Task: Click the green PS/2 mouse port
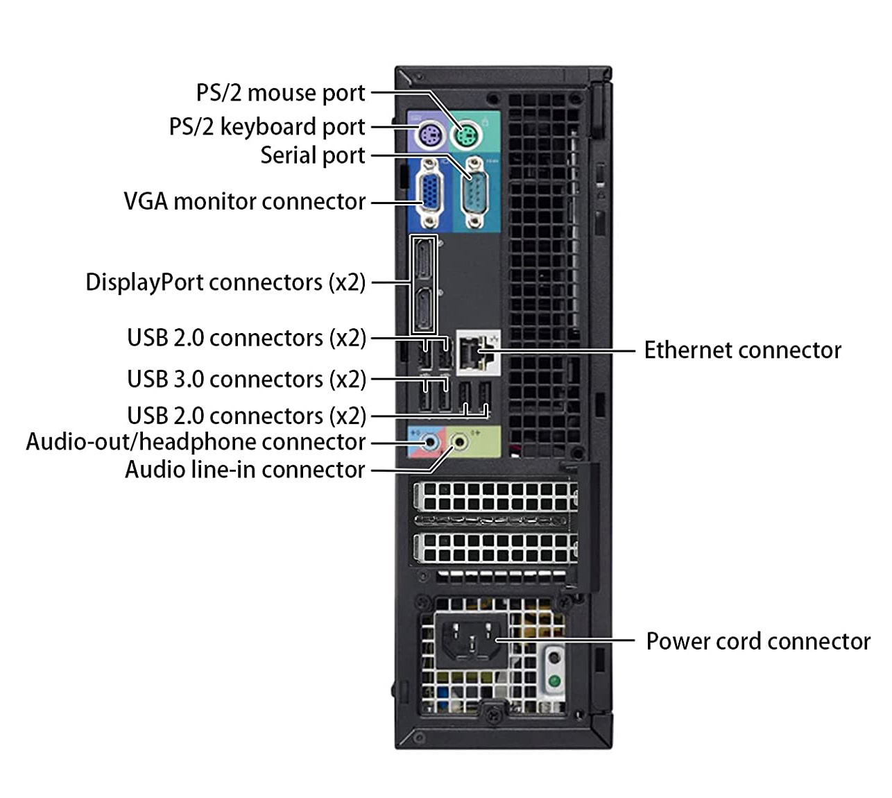(466, 135)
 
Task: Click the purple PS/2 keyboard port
(428, 135)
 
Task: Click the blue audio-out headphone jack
(431, 441)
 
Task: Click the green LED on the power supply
(554, 681)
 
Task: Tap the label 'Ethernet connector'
(742, 350)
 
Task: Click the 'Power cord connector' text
(757, 641)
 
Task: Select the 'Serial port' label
(313, 155)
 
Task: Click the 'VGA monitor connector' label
(244, 201)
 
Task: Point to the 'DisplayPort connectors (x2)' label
(225, 282)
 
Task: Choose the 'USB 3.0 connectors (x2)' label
(246, 380)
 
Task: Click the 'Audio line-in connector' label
(245, 470)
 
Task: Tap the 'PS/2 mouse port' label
(280, 93)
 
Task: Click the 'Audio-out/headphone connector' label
(196, 442)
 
